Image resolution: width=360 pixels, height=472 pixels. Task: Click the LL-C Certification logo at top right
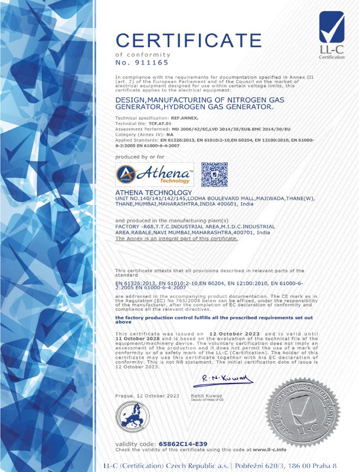click(x=332, y=35)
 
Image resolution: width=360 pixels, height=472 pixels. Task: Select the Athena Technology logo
click(x=155, y=175)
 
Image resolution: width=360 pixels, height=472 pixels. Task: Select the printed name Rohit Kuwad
click(x=205, y=394)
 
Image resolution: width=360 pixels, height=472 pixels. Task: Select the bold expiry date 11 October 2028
click(x=135, y=337)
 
